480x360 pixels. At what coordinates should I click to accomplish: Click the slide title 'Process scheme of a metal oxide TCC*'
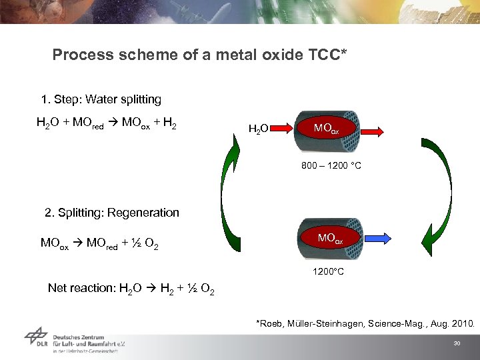[199, 55]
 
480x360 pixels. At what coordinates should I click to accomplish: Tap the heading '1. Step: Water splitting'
[101, 99]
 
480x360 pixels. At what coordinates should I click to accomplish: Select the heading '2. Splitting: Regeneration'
[112, 213]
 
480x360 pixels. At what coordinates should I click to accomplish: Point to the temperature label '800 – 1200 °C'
[331, 165]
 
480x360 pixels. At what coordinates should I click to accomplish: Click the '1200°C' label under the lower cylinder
[329, 272]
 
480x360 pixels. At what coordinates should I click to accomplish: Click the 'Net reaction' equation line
[131, 289]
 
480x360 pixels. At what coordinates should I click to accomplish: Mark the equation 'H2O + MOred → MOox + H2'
[107, 124]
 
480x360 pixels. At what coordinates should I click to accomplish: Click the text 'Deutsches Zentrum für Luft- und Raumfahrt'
[89, 341]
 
